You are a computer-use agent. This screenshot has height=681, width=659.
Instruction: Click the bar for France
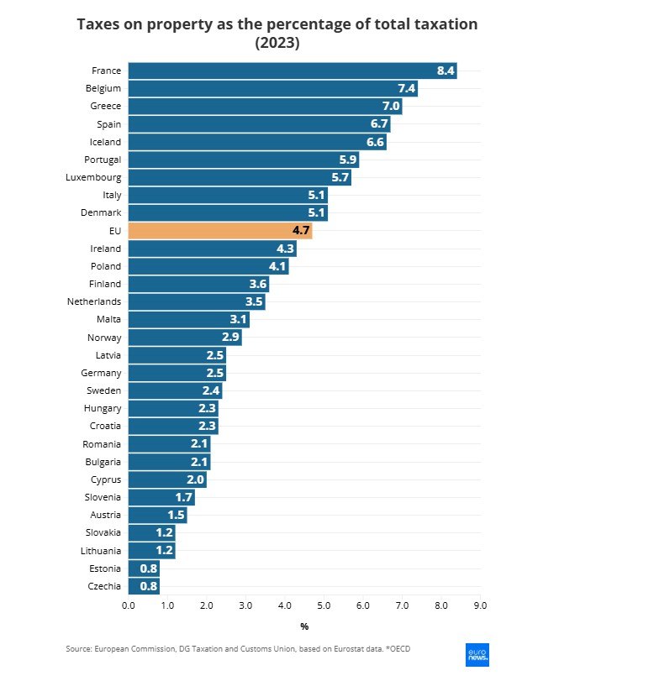pyautogui.click(x=292, y=71)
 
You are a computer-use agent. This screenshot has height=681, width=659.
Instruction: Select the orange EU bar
pyautogui.click(x=220, y=231)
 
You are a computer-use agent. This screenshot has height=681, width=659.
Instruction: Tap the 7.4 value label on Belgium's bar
pyautogui.click(x=407, y=88)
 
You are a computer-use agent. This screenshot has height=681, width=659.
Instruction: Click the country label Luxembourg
pyautogui.click(x=93, y=177)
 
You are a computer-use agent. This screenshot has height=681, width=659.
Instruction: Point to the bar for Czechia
pyautogui.click(x=144, y=586)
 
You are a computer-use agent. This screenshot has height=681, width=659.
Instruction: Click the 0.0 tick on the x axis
pyautogui.click(x=129, y=605)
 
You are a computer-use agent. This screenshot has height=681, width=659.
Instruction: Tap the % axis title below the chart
pyautogui.click(x=304, y=626)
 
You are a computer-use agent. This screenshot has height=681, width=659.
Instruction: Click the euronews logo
pyautogui.click(x=477, y=655)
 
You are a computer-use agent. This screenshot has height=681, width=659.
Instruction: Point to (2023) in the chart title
pyautogui.click(x=277, y=43)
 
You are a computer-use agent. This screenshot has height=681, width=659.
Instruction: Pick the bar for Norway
pyautogui.click(x=185, y=338)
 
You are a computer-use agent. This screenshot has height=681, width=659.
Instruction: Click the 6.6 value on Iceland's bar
pyautogui.click(x=375, y=142)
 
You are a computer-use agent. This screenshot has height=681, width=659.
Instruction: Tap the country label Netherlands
pyautogui.click(x=94, y=301)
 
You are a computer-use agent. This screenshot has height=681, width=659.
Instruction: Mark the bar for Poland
pyautogui.click(x=208, y=266)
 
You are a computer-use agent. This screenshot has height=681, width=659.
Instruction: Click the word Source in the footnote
pyautogui.click(x=78, y=649)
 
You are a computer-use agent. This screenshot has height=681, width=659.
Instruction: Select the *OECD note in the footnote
pyautogui.click(x=397, y=649)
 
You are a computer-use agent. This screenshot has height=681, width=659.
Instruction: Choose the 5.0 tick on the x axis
pyautogui.click(x=324, y=605)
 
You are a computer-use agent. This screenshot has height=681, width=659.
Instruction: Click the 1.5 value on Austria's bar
pyautogui.click(x=175, y=515)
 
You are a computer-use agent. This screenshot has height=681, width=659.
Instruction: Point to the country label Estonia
pyautogui.click(x=104, y=568)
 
